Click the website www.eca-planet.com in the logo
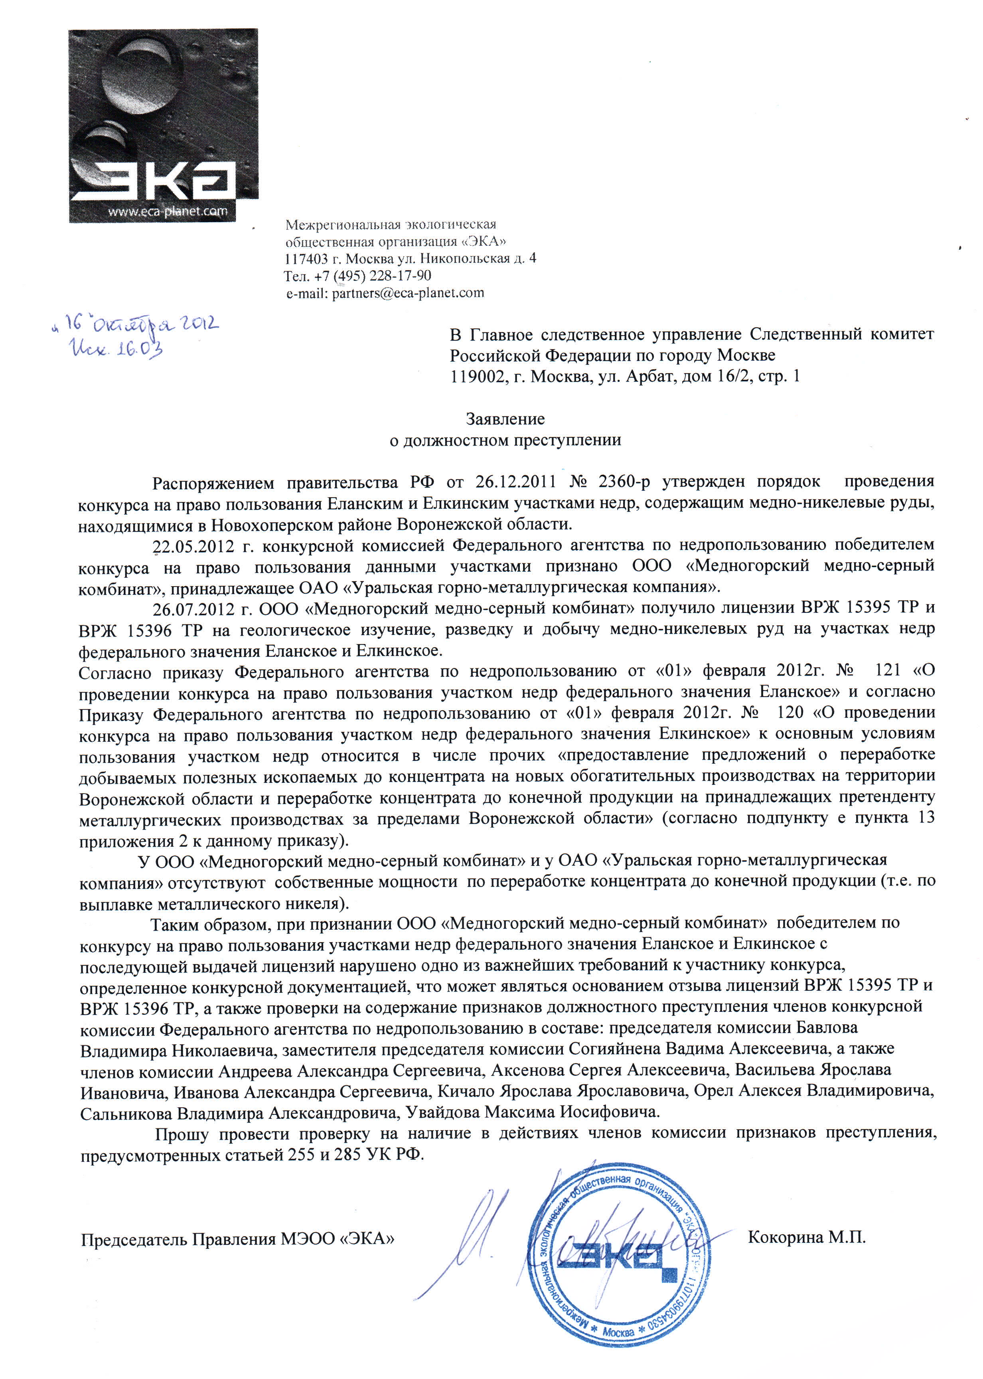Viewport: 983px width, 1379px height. pyautogui.click(x=168, y=211)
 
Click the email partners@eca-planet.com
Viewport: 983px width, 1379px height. pyautogui.click(x=408, y=293)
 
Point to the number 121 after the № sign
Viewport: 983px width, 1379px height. pyautogui.click(x=888, y=671)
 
